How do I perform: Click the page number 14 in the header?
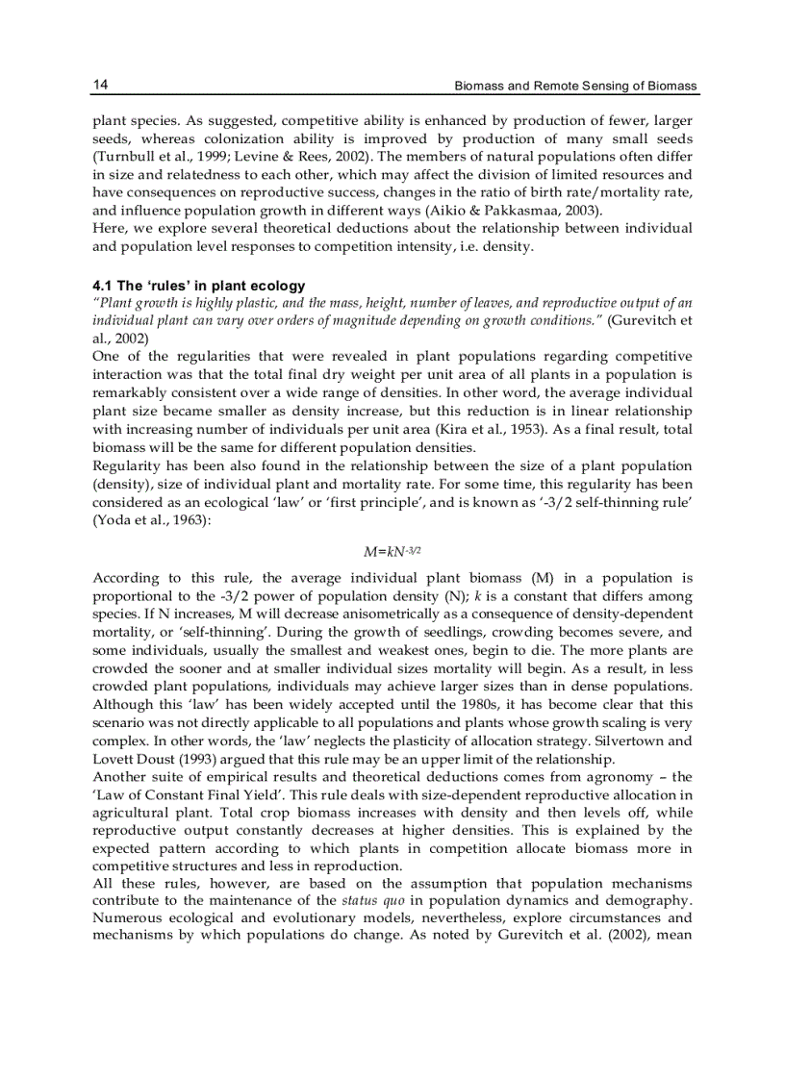click(100, 86)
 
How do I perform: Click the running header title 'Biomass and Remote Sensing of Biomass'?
click(575, 87)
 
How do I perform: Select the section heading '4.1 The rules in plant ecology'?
click(198, 286)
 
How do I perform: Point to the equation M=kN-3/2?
click(392, 551)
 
